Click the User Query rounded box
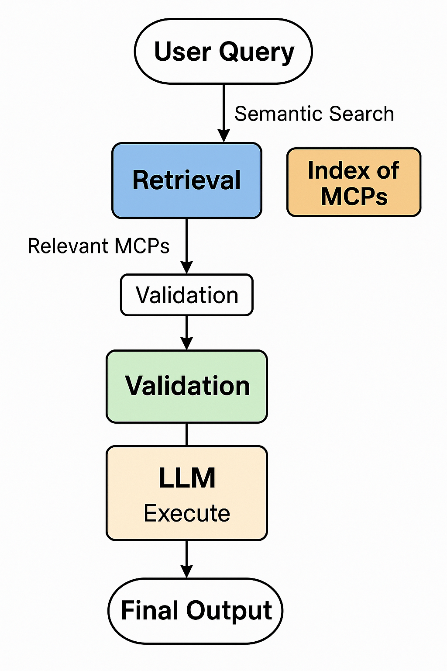point(223,51)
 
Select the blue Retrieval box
point(187,180)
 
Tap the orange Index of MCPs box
point(354,182)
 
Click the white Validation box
point(187,295)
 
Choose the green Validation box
point(187,386)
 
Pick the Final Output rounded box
point(196,611)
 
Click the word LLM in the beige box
point(187,478)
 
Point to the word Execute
point(187,513)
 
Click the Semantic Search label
point(314,114)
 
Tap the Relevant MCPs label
point(99,246)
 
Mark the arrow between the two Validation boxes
point(187,332)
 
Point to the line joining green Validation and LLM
point(187,434)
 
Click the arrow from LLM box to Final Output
point(187,559)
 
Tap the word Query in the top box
point(257,52)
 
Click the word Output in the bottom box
point(229,611)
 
